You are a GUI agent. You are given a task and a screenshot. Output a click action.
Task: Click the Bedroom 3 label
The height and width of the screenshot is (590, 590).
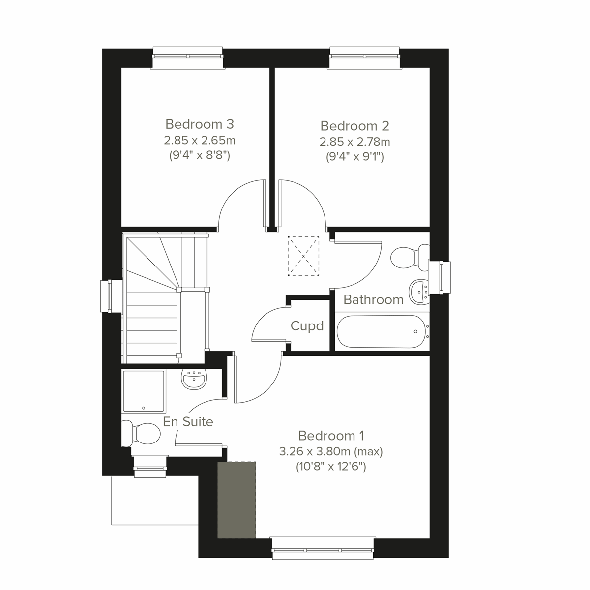tap(200, 124)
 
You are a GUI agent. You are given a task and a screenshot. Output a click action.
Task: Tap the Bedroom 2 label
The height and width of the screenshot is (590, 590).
tap(354, 126)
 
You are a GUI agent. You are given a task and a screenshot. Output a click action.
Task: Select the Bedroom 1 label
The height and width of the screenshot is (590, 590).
tap(331, 436)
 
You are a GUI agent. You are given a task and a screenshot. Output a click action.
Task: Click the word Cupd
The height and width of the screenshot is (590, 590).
tap(307, 325)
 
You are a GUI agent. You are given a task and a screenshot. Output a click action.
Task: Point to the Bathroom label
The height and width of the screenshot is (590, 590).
tap(373, 299)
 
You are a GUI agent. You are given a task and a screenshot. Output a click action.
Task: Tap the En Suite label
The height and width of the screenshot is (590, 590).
tap(188, 421)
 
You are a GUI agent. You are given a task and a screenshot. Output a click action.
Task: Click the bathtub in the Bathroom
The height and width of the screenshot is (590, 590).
tap(381, 332)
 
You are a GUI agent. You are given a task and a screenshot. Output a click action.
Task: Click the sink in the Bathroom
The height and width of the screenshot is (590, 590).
tap(418, 291)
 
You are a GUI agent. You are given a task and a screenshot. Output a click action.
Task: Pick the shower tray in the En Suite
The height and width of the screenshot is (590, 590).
tap(144, 391)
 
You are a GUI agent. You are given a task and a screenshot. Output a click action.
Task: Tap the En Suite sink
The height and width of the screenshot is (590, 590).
tap(195, 379)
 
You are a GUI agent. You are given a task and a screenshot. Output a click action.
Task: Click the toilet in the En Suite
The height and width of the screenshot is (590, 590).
tap(143, 433)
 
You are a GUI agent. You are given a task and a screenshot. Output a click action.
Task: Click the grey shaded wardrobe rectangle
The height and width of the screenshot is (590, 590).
tap(237, 499)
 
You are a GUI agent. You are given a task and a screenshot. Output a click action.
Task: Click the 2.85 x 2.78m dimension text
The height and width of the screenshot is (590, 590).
tap(354, 142)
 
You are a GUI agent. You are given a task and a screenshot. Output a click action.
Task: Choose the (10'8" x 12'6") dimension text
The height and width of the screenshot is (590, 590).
tap(331, 467)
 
